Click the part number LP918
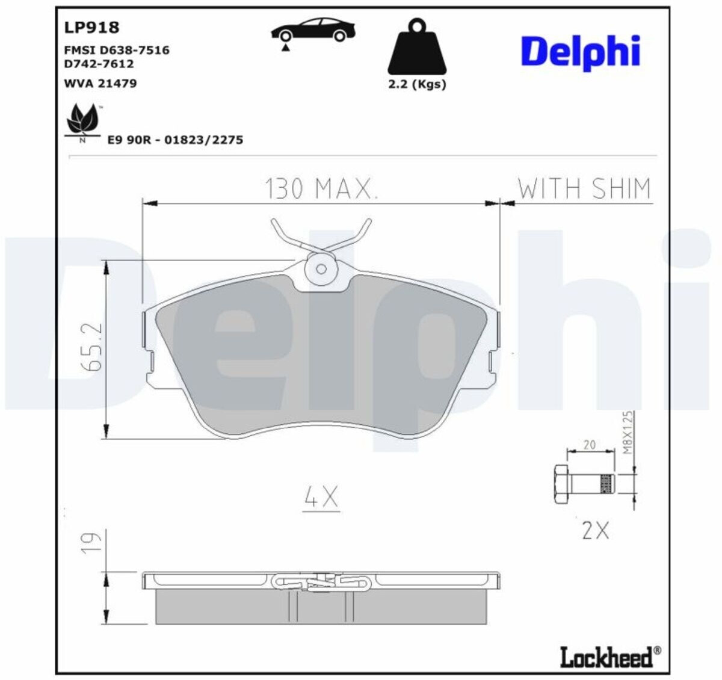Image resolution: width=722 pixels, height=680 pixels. (91, 28)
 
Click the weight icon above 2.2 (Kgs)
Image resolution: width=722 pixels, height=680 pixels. (417, 47)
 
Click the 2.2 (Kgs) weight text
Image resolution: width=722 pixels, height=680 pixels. (417, 84)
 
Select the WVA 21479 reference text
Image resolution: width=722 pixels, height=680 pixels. (100, 83)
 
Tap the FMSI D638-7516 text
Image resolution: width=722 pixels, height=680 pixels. (117, 50)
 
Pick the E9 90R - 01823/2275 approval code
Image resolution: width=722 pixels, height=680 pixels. (175, 140)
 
